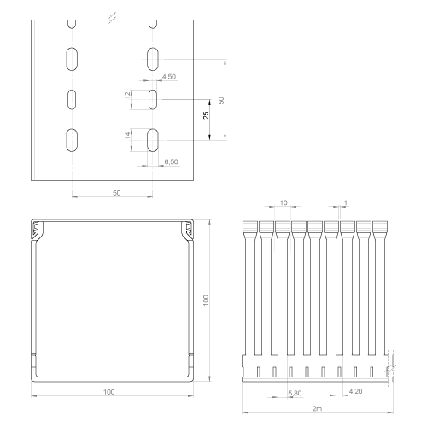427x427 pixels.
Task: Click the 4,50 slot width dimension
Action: (x=169, y=77)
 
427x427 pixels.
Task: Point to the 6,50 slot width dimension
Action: (x=172, y=161)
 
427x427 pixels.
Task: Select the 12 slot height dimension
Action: (x=128, y=95)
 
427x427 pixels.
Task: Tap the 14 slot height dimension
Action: (x=128, y=136)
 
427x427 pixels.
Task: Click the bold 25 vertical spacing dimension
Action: (x=206, y=115)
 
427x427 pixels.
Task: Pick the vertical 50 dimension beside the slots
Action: (x=221, y=101)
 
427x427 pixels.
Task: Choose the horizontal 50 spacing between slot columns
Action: (x=117, y=193)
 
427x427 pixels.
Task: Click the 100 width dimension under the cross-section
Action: (x=108, y=392)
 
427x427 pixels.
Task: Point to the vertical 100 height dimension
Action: (x=206, y=301)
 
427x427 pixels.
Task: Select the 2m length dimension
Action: (x=317, y=408)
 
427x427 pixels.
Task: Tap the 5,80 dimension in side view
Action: (x=295, y=393)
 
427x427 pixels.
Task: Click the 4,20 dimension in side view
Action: (x=355, y=391)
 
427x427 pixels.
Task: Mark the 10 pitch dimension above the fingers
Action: (x=284, y=202)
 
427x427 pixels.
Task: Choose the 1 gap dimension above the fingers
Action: (x=346, y=202)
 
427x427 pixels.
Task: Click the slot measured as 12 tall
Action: (x=153, y=100)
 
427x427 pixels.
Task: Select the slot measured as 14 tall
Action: (x=153, y=140)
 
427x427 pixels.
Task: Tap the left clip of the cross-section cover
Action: (x=38, y=231)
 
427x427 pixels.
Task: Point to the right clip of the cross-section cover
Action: (x=187, y=231)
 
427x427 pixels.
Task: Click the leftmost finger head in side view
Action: (x=250, y=228)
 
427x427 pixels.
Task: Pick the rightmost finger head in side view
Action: (x=380, y=228)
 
